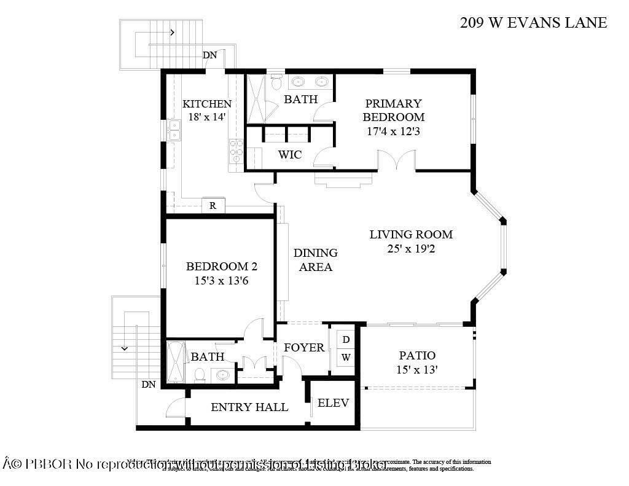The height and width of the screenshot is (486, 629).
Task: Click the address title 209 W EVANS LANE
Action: coord(533,23)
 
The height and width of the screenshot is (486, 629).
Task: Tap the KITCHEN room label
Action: coord(207,104)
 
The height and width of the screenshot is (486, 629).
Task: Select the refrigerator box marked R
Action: coord(213,206)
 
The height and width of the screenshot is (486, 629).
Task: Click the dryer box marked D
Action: coord(346,339)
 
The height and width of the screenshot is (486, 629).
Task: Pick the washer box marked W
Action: coord(346,357)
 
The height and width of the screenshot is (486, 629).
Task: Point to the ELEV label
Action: coord(334,403)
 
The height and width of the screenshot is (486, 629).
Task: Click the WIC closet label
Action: coord(289,155)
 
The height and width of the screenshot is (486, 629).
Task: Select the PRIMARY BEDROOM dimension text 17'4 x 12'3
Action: coord(393,131)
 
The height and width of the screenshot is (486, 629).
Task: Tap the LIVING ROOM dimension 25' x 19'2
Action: coord(411,249)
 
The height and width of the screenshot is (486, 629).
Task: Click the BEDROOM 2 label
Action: coord(221,267)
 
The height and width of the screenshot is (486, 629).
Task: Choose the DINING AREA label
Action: coord(315,260)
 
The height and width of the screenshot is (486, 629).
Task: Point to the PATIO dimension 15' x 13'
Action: coord(417,369)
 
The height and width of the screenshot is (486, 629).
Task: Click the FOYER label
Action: coord(304,348)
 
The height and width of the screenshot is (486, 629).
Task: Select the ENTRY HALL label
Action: coord(249,407)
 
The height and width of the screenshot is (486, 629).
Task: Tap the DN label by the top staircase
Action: coord(210,55)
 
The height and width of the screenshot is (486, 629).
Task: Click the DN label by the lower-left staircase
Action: coord(148,385)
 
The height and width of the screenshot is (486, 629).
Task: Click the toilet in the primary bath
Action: coord(276,82)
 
